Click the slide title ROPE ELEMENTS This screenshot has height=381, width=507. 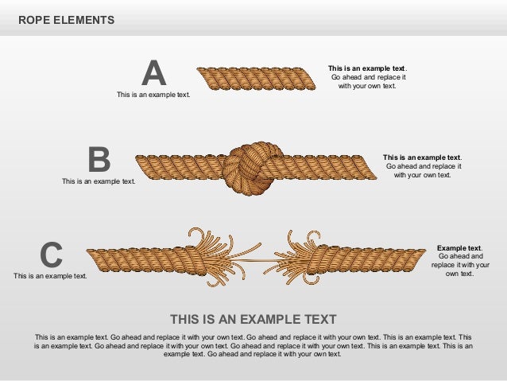point(66,20)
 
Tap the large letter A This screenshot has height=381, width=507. point(153,73)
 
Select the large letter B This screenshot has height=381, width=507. point(99,159)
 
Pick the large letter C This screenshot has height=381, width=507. point(51,255)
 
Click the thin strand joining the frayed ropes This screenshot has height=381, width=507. point(254,261)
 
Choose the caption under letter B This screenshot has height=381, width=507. point(99,181)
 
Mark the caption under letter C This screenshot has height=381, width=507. point(50,276)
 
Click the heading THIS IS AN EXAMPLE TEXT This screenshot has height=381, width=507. point(253,319)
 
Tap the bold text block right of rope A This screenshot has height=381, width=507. point(367,77)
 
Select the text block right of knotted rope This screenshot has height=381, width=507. point(422,166)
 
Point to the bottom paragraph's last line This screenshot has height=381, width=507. point(253,355)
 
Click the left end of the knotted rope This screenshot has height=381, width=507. point(143,165)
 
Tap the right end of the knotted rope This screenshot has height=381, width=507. point(370,166)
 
